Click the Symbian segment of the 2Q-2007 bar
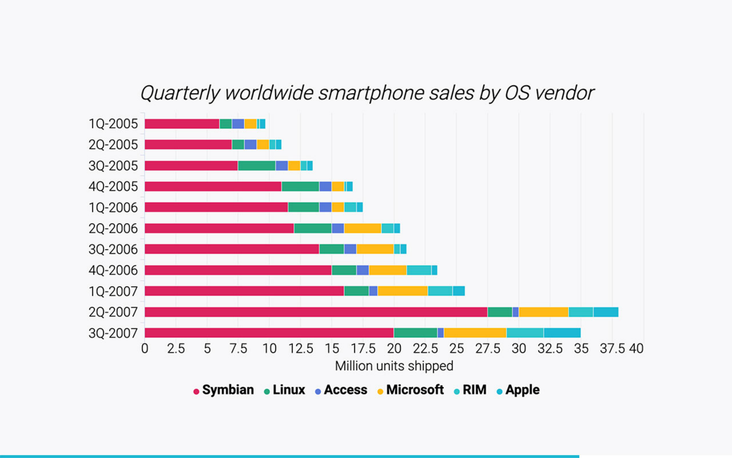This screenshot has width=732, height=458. tap(316, 312)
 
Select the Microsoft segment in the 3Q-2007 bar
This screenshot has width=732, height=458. tap(475, 333)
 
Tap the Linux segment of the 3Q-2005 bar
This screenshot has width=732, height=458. tap(256, 166)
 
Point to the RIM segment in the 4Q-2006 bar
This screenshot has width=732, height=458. tap(419, 270)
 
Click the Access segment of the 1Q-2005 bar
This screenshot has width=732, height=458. tap(238, 124)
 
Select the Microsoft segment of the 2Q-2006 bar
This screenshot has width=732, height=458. tap(363, 228)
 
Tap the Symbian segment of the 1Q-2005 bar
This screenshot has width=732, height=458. tap(182, 124)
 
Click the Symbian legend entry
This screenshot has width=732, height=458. tap(224, 390)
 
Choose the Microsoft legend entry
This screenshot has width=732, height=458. tap(411, 390)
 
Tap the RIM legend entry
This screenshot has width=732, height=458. tap(470, 390)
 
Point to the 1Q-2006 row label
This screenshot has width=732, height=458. tap(113, 208)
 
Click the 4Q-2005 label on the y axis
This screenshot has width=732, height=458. tap(113, 187)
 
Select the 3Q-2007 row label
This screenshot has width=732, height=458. tap(113, 333)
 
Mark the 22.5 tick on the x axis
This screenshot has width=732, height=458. tap(425, 349)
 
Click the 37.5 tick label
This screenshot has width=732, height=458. tap(612, 349)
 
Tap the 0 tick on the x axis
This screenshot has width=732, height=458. tap(145, 349)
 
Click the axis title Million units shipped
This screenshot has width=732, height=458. tap(394, 366)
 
